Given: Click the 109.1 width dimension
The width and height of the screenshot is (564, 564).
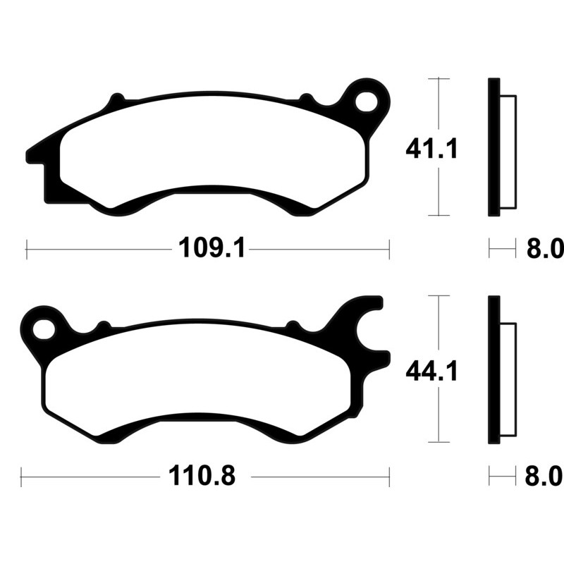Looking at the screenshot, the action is (212, 248).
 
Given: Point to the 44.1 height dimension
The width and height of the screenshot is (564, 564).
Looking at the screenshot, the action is (431, 372).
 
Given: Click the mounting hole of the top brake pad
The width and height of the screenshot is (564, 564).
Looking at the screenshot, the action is (367, 102).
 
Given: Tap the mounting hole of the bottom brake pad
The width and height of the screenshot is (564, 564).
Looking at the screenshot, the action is (44, 329).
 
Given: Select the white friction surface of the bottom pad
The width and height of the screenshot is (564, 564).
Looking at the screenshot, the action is (198, 381).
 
